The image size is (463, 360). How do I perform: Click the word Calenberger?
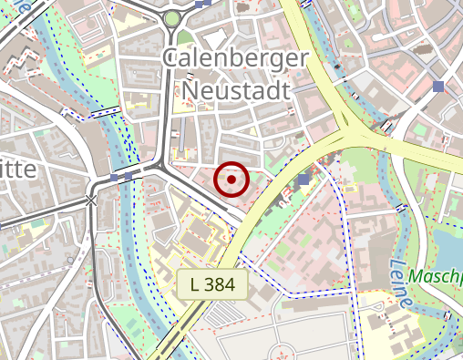tap(235, 58)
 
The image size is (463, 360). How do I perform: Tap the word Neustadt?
tap(235, 89)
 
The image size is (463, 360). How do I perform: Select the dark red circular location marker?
tap(231, 180)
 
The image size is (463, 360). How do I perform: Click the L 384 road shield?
tap(212, 284)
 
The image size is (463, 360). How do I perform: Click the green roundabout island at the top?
tap(172, 19)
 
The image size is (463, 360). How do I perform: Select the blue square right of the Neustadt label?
tap(439, 86)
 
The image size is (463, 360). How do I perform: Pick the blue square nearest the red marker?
tap(303, 179)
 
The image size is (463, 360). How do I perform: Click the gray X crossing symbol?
tap(91, 200)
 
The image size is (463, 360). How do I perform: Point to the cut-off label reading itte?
tap(18, 170)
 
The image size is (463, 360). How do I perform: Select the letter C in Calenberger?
tap(170, 58)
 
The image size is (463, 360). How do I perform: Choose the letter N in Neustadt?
tap(190, 89)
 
